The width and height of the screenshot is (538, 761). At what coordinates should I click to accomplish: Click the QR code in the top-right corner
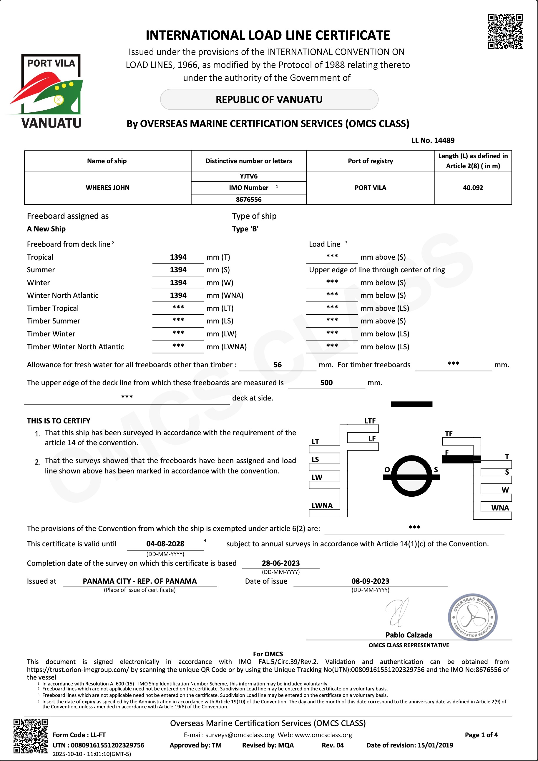click(505, 31)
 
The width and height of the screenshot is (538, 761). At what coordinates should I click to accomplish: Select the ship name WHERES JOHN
click(107, 188)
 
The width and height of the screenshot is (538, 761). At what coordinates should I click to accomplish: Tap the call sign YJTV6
click(248, 176)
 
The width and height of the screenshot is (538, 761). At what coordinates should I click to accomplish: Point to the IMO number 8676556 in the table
click(248, 199)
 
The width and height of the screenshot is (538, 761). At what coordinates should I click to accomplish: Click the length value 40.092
click(473, 188)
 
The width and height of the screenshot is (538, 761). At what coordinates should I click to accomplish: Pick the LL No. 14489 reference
click(433, 140)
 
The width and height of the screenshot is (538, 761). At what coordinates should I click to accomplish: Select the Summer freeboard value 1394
click(178, 270)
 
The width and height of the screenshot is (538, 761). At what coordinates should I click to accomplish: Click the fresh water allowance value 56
click(277, 365)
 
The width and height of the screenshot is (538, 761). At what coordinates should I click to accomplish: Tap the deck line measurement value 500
click(326, 383)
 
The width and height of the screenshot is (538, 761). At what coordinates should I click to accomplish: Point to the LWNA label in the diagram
click(322, 505)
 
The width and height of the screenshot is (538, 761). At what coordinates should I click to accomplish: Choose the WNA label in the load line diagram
click(499, 508)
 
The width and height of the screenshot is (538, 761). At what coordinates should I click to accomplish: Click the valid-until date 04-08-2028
click(165, 544)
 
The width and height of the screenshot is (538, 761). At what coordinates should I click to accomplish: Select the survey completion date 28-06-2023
click(280, 563)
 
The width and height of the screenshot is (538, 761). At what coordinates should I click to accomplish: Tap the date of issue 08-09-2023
click(370, 581)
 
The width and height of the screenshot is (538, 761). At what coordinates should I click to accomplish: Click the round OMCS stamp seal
click(472, 617)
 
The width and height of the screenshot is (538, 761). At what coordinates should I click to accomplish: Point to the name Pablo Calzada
click(409, 635)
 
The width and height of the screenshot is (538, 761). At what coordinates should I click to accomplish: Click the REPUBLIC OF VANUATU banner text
click(269, 99)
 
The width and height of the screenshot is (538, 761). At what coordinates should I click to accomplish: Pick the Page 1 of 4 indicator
click(481, 735)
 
